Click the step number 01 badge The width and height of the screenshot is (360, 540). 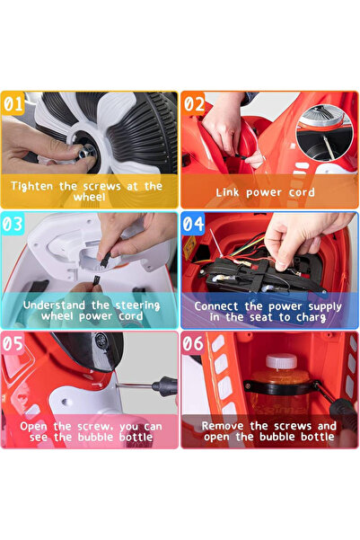pyautogui.click(x=13, y=103)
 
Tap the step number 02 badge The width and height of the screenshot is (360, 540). pyautogui.click(x=193, y=103)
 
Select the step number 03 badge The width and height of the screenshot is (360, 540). pyautogui.click(x=13, y=224)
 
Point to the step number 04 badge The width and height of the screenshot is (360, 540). pyautogui.click(x=193, y=224)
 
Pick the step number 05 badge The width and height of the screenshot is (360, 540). pyautogui.click(x=13, y=343)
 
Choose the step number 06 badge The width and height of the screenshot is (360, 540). pyautogui.click(x=193, y=343)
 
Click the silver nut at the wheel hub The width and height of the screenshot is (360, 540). pyautogui.click(x=86, y=152)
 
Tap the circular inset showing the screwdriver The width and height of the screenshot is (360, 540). pyautogui.click(x=325, y=133)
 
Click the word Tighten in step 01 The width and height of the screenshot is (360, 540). pyautogui.click(x=32, y=186)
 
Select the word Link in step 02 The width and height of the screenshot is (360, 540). pyautogui.click(x=227, y=192)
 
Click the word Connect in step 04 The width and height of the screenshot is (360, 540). pyautogui.click(x=216, y=306)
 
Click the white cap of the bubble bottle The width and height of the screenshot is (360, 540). pyautogui.click(x=281, y=361)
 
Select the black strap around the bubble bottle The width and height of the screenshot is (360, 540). pyautogui.click(x=280, y=387)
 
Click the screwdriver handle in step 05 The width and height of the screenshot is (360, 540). pyautogui.click(x=164, y=385)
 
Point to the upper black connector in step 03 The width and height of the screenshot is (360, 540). pyautogui.click(x=105, y=259)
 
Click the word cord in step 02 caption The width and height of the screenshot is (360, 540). pyautogui.click(x=302, y=192)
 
